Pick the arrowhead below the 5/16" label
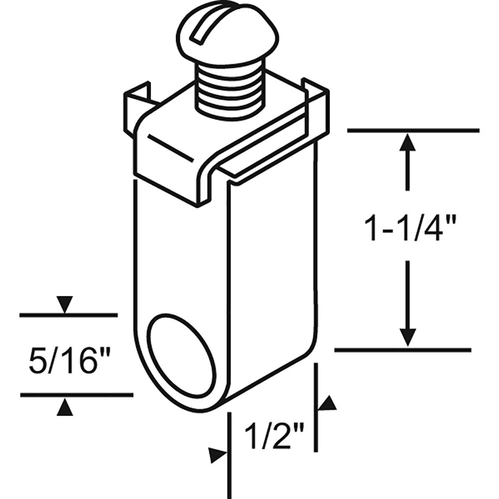[x=65, y=408]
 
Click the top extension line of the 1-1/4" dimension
[x=413, y=131]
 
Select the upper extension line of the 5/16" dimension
[x=68, y=315]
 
